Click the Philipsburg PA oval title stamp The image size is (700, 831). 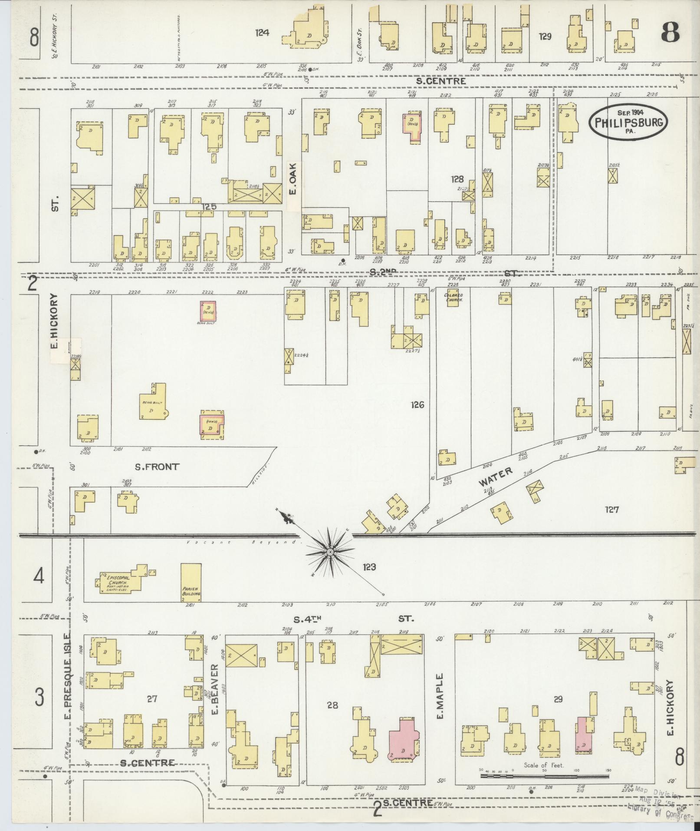pos(628,121)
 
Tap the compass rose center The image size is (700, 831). pos(329,552)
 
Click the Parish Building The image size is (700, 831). pos(191,582)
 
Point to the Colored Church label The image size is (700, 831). pos(454,298)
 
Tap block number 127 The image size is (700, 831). pos(611,509)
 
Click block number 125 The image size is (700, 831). pos(208,207)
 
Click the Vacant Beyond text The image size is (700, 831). pos(243,543)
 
